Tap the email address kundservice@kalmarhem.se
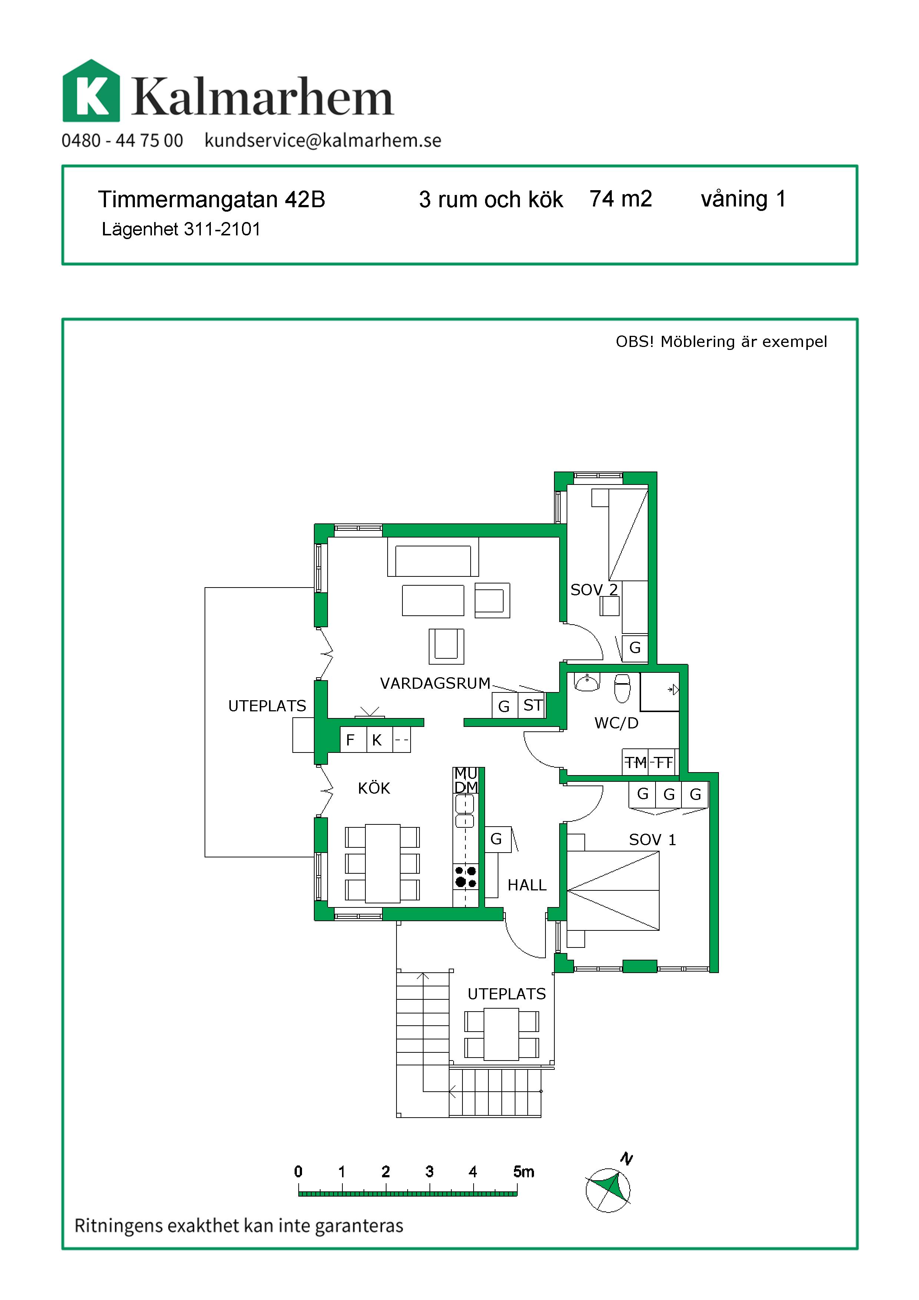(x=322, y=140)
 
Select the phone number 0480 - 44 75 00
(x=122, y=140)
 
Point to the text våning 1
(x=743, y=199)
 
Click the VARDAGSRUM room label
(x=435, y=684)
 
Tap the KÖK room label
(x=374, y=788)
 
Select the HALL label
(x=527, y=885)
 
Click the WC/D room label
(x=616, y=723)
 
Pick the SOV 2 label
(x=594, y=590)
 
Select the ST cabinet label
(x=533, y=705)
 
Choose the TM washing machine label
(x=636, y=763)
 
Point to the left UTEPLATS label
(x=267, y=706)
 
